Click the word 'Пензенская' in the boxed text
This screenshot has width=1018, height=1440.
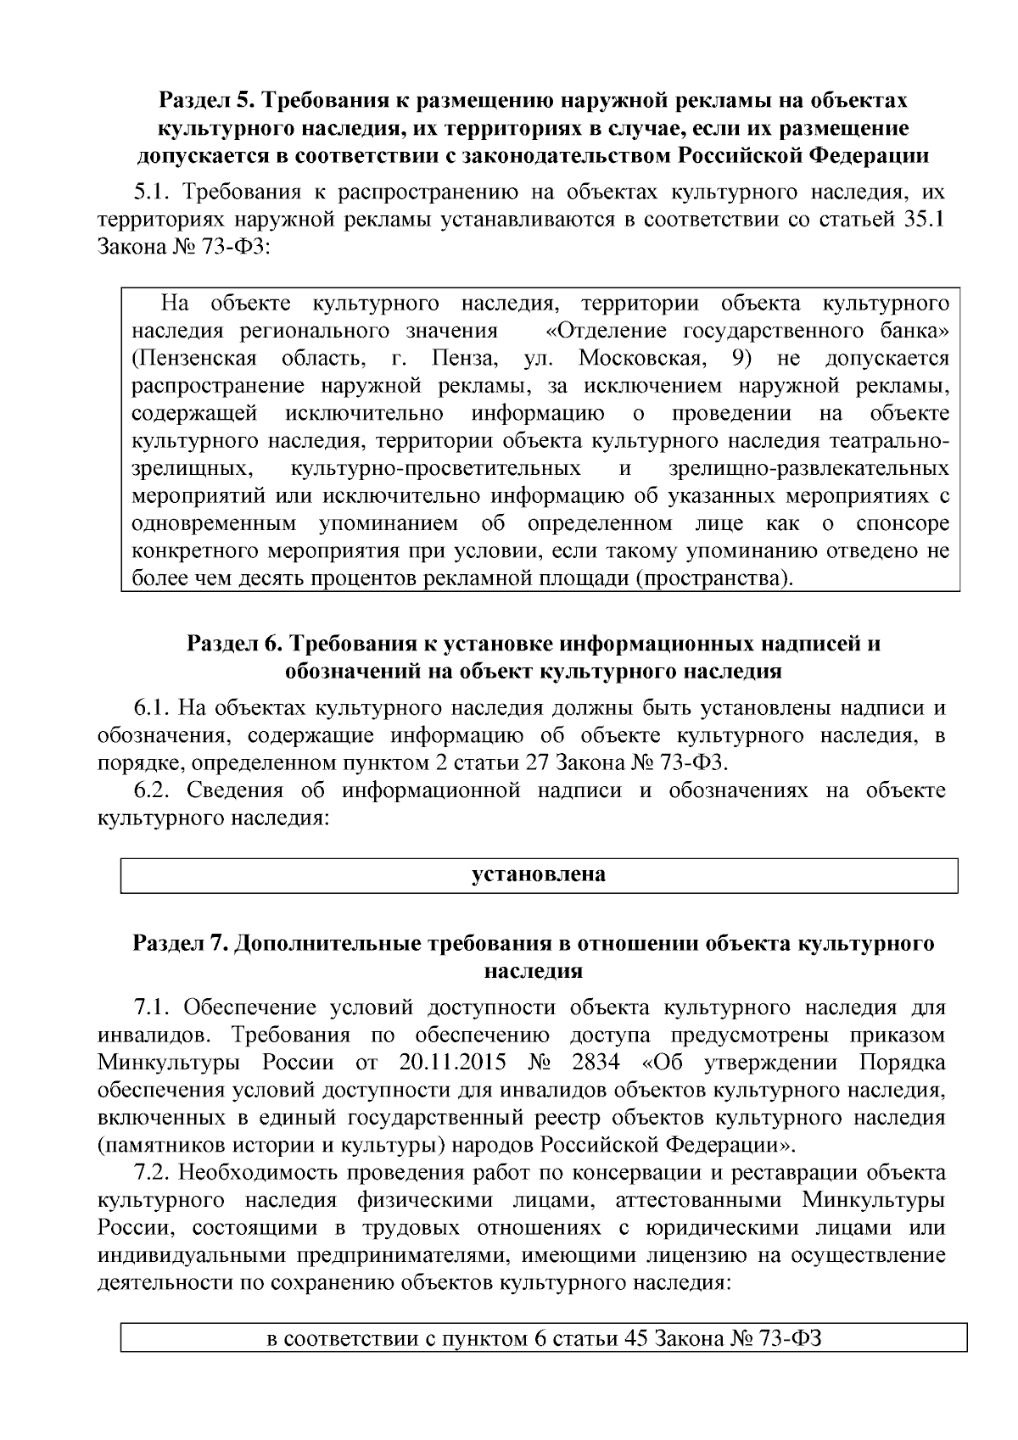pyautogui.click(x=194, y=359)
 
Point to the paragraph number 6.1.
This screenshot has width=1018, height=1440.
pyautogui.click(x=151, y=707)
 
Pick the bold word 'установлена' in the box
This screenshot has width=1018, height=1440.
pyautogui.click(x=539, y=874)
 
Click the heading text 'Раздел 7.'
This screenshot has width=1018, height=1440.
pyautogui.click(x=180, y=944)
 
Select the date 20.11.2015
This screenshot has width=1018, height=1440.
pyautogui.click(x=449, y=1063)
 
